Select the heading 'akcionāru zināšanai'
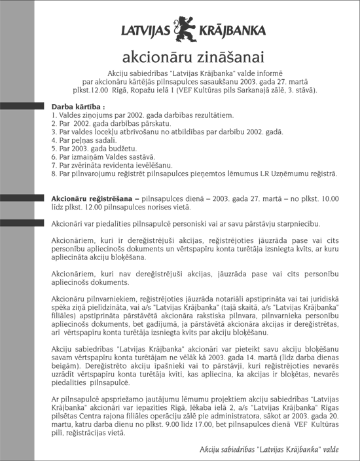pos(179,54)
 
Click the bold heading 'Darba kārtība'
pos(77,106)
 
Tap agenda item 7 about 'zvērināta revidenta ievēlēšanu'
pos(111,166)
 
